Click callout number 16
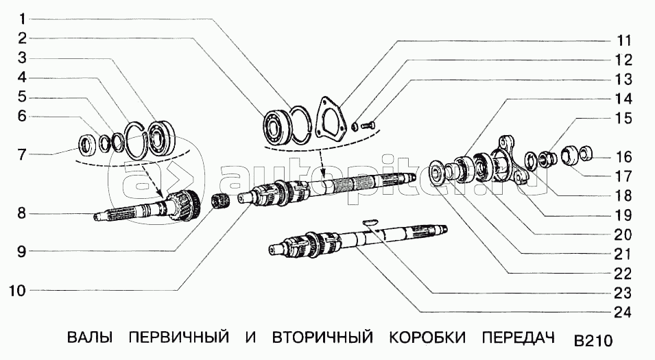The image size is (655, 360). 623,157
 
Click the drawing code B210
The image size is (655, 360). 593,341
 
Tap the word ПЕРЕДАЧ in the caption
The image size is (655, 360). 516,338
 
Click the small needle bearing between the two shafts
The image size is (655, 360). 219,202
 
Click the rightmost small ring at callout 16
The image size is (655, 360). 587,153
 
